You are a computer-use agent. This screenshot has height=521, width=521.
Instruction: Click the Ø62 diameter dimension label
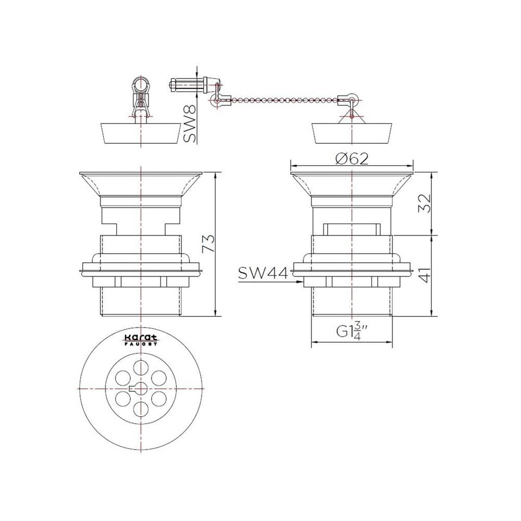[352, 159]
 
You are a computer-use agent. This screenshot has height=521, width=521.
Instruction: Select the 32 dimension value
[424, 203]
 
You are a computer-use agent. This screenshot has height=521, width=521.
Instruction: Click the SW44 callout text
[263, 274]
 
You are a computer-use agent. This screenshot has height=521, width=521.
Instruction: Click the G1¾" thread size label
[352, 331]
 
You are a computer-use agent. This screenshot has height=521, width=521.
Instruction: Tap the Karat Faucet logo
[141, 340]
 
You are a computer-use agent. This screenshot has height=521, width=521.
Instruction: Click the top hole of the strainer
[141, 368]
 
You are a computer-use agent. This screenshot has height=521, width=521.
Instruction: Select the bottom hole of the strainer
[141, 409]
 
